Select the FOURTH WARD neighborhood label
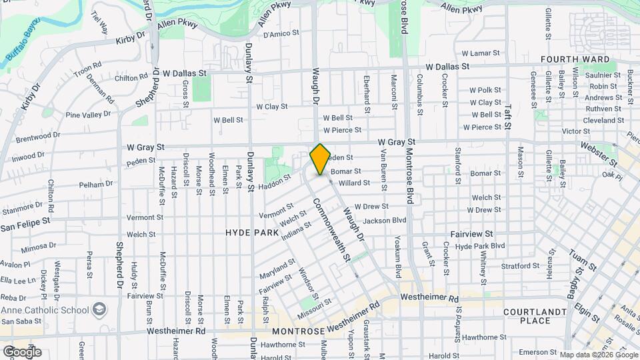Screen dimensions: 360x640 [x=567, y=59]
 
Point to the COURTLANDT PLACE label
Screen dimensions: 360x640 [x=536, y=316]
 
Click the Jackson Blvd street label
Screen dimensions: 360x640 [x=385, y=220]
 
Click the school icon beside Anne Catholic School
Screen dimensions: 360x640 [x=99, y=310]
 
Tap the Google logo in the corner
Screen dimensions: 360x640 [x=22, y=351]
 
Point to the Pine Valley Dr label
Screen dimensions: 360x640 [x=88, y=115]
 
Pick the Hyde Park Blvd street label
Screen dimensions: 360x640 [x=479, y=246]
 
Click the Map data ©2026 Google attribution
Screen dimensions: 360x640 [x=598, y=355]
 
